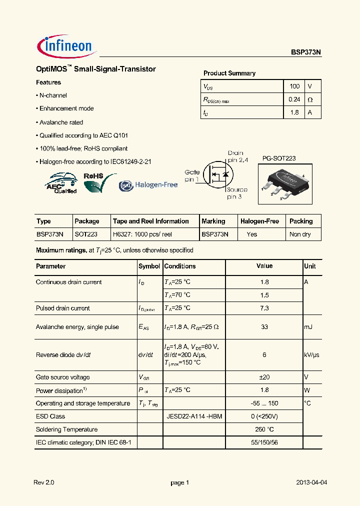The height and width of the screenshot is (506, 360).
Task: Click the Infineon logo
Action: click(x=65, y=46)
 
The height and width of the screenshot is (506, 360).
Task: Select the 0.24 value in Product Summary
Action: click(x=294, y=99)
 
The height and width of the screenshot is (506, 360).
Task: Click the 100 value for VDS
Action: click(x=294, y=86)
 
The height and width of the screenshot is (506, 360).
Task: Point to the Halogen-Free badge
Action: click(x=148, y=185)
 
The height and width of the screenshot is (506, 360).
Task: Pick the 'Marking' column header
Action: click(x=213, y=221)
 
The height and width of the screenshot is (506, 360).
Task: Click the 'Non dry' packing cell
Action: click(x=300, y=234)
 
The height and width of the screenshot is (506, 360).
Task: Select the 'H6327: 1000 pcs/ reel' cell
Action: click(x=142, y=234)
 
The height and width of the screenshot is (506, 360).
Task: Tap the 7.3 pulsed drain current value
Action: click(x=264, y=308)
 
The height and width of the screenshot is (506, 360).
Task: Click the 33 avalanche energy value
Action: click(x=264, y=327)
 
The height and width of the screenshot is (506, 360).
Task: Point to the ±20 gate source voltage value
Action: click(x=264, y=377)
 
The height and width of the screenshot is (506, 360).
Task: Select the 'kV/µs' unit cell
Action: click(x=311, y=355)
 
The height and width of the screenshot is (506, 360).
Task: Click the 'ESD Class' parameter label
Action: click(x=50, y=416)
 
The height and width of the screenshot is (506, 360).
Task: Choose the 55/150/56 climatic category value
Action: click(x=264, y=442)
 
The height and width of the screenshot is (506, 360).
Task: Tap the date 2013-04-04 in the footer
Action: click(x=311, y=482)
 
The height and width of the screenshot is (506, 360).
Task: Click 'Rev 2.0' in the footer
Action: click(x=43, y=482)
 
